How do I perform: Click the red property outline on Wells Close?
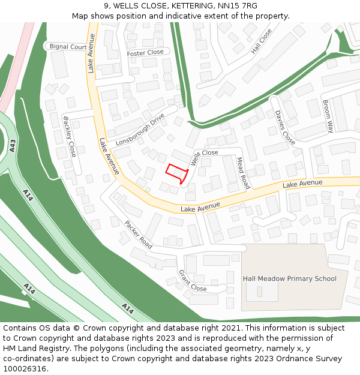coord(177,173)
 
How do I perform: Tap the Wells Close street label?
coord(204,157)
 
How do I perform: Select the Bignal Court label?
coord(68,47)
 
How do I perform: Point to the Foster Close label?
coord(145,53)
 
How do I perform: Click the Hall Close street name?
coord(261,41)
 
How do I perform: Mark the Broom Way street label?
coord(328,116)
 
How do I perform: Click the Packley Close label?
coord(70,136)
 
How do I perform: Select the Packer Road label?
coord(139,234)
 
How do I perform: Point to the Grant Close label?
coord(193,280)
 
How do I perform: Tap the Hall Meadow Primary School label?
coord(290,278)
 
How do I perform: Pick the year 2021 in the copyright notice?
coord(229,328)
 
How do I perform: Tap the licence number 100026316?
coord(25,369)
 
